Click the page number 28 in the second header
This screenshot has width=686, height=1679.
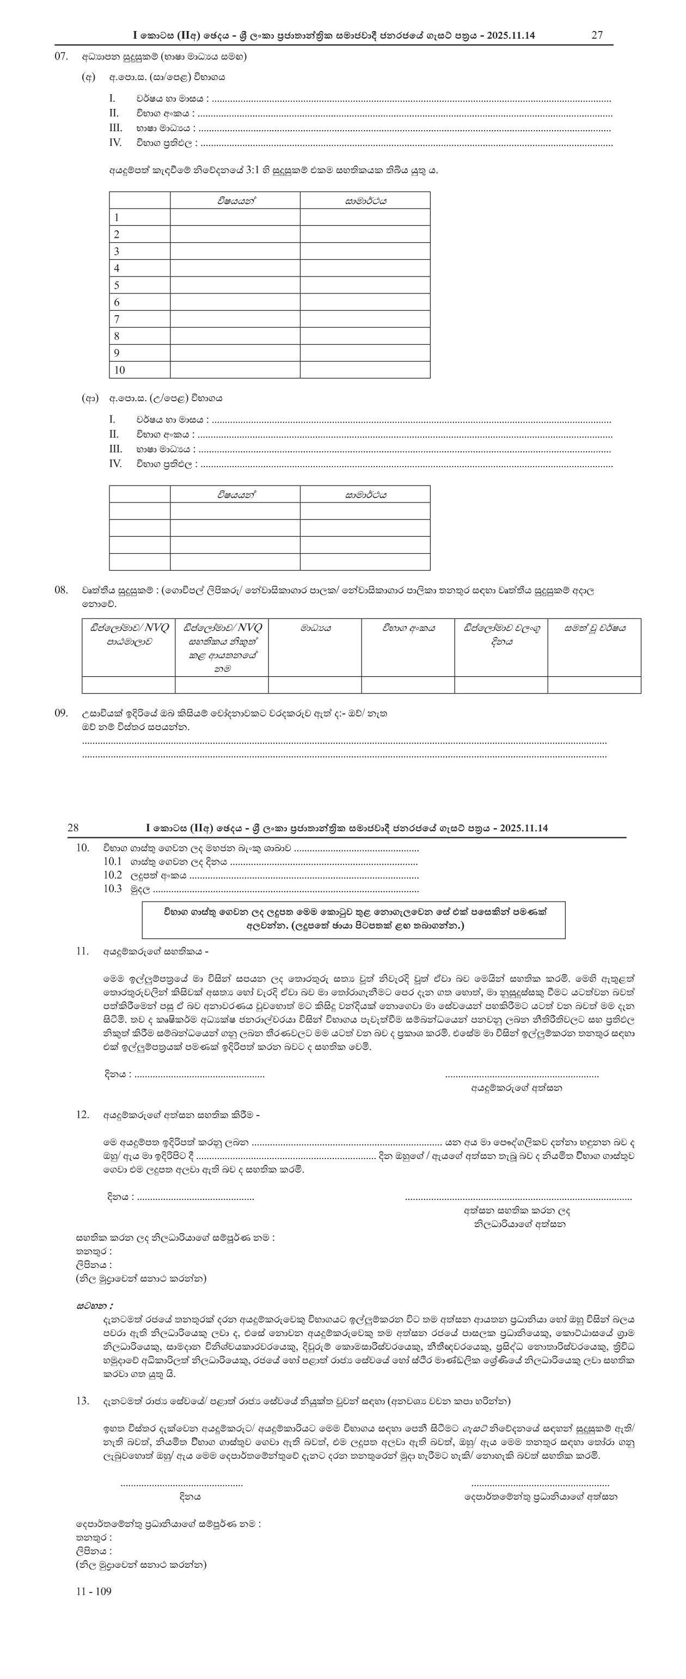(73, 828)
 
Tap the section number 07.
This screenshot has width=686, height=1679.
(62, 57)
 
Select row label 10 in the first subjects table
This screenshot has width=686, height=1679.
(119, 370)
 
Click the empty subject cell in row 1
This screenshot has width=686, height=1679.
(235, 217)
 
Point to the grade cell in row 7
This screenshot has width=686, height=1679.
(365, 318)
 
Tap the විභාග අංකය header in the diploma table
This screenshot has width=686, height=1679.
(408, 628)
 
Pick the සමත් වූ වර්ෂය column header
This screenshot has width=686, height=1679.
(594, 628)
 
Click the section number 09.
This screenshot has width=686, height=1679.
(62, 713)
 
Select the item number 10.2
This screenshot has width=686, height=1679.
(112, 875)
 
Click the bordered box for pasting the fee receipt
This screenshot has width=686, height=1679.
(353, 919)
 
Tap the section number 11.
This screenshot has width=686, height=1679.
(82, 951)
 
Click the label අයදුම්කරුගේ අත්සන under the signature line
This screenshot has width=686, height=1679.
(517, 1087)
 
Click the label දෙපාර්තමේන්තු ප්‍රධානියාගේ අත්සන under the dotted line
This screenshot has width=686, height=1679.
(541, 1497)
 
